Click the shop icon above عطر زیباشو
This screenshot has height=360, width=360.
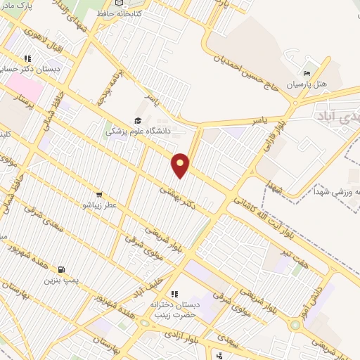coord(99,195)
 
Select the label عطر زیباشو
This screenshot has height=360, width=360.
coord(101,205)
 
